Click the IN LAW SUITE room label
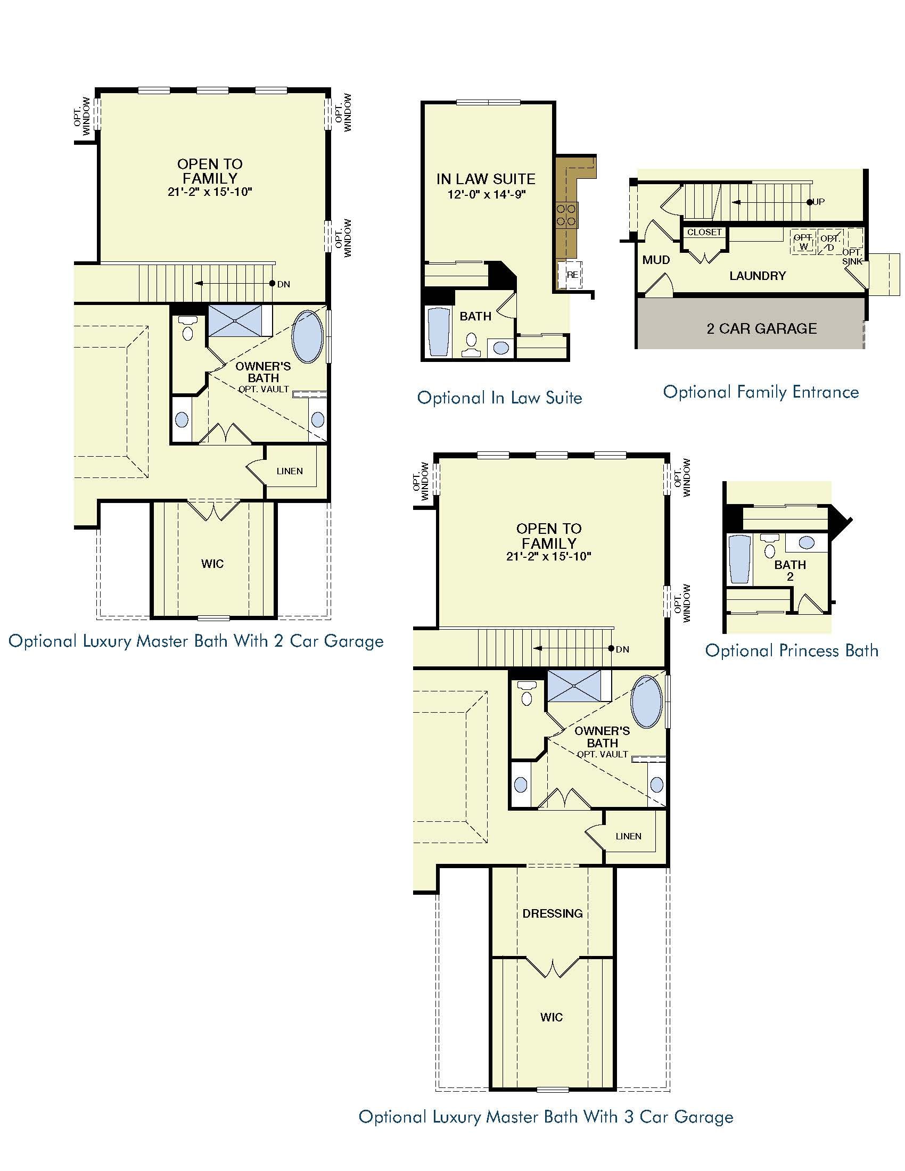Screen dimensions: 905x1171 [x=486, y=179]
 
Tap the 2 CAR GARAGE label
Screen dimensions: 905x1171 [x=761, y=328]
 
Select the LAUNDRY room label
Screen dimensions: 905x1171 [x=757, y=276]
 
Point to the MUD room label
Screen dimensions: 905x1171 [x=656, y=260]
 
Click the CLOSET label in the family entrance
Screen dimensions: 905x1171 [x=704, y=232]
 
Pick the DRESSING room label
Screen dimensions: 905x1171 [x=552, y=913]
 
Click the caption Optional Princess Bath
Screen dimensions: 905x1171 [x=791, y=650]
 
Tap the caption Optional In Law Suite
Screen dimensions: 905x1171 [x=500, y=397]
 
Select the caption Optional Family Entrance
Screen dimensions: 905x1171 [x=761, y=392]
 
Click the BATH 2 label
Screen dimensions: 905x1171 [x=789, y=570]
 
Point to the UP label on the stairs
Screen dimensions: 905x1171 [x=819, y=202]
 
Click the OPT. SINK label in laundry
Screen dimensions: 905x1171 [x=852, y=257]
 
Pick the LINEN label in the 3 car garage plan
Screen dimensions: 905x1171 [x=628, y=836]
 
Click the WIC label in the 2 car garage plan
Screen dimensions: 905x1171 [x=212, y=564]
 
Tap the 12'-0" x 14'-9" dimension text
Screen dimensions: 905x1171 [x=487, y=194]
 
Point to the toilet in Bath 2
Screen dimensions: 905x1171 [x=769, y=546]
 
